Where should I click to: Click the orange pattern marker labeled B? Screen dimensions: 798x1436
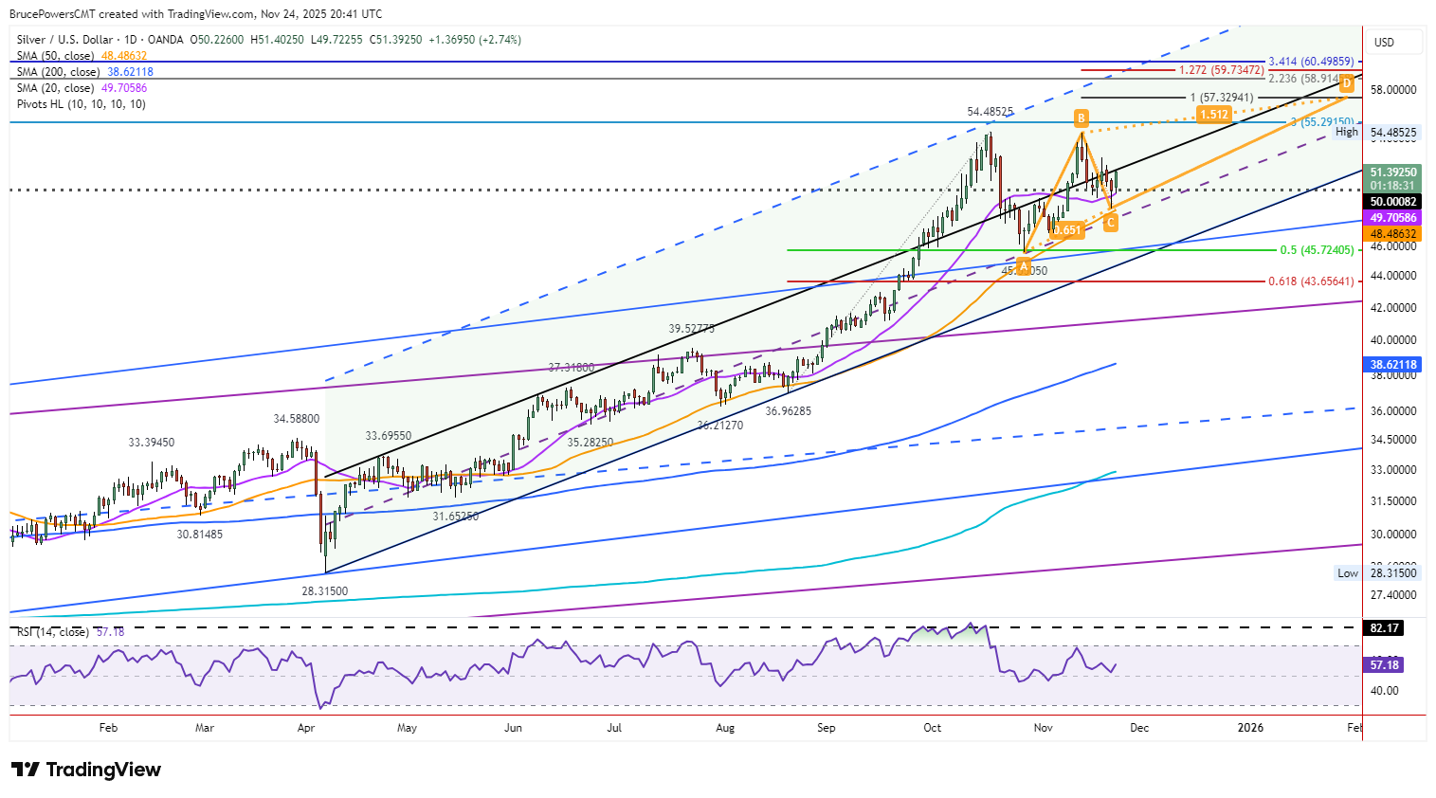[x=1081, y=118]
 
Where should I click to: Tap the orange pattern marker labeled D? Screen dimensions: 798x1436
[x=1346, y=83]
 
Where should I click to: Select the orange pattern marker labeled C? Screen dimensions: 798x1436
[x=1110, y=222]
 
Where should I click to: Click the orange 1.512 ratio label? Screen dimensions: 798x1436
[x=1213, y=115]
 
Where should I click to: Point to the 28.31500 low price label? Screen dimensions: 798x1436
[x=324, y=590]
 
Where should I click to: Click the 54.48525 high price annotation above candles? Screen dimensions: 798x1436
[x=990, y=112]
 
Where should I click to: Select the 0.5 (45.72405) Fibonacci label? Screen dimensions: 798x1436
[x=1317, y=250]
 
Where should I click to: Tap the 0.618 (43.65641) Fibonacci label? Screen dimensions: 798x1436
[x=1311, y=281]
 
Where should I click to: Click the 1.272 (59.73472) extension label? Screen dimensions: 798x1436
[x=1221, y=70]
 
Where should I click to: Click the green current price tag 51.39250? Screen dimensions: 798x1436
[x=1392, y=172]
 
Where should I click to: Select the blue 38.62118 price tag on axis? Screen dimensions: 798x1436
[x=1392, y=364]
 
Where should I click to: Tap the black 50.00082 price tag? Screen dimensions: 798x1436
[x=1392, y=201]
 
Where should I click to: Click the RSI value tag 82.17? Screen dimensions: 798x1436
[x=1384, y=627]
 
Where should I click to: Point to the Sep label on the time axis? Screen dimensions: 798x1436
[x=826, y=728]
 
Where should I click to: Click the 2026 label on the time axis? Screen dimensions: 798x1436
[x=1250, y=728]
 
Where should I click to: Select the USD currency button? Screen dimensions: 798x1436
[x=1385, y=42]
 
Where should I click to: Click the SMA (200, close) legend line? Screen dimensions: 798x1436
[x=84, y=72]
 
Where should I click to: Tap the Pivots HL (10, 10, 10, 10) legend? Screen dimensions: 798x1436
[x=81, y=104]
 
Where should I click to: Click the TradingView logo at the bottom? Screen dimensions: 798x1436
[x=86, y=770]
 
